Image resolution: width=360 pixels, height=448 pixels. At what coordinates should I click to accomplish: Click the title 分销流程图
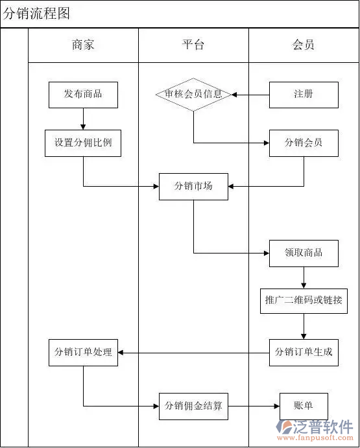[x=36, y=14]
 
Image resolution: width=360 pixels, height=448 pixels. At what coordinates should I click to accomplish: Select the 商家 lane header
[x=83, y=45]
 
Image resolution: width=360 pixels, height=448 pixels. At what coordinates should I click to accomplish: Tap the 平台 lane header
[x=193, y=45]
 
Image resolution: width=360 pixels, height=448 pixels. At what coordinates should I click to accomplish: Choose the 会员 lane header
[x=304, y=45]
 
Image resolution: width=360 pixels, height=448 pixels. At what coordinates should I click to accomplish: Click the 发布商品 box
[x=83, y=94]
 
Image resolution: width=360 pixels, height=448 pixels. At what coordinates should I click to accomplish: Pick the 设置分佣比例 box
[x=83, y=143]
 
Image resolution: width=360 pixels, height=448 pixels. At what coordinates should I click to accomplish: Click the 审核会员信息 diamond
[x=193, y=94]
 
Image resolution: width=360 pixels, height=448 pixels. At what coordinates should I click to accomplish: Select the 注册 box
[x=304, y=94]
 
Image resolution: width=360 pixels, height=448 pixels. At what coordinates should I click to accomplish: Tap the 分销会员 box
[x=304, y=143]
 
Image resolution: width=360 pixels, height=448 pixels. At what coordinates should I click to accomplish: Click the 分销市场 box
[x=193, y=187]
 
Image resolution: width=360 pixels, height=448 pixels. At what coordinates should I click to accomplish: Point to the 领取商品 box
[x=304, y=252]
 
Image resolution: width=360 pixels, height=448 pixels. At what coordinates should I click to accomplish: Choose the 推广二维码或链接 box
[x=304, y=301]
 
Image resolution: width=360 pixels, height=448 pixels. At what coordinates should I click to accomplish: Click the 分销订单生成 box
[x=304, y=352]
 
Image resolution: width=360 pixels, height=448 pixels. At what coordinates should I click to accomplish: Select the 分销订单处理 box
[x=83, y=352]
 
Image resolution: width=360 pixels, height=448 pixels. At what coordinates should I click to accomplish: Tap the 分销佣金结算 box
[x=193, y=406]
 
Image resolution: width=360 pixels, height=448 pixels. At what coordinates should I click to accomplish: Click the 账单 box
[x=304, y=406]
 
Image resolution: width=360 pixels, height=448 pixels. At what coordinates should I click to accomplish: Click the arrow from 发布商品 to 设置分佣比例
[x=83, y=119]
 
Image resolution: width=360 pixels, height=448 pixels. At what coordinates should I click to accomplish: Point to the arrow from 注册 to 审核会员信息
[x=250, y=95]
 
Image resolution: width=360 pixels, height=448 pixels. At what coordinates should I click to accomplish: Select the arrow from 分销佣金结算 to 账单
[x=254, y=407]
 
